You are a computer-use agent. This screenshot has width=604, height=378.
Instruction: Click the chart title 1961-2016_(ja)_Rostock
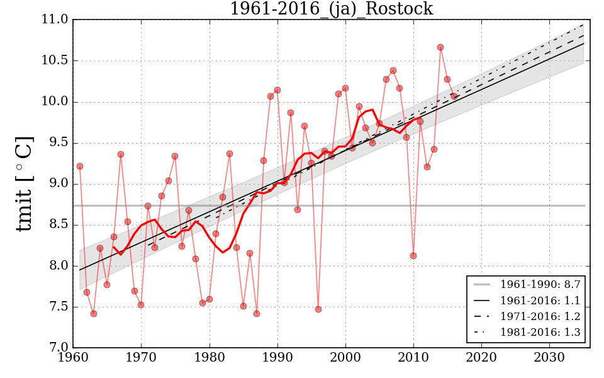[331, 9]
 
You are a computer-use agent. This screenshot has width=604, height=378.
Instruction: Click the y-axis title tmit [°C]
[24, 184]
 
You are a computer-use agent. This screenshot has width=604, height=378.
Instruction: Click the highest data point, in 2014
[440, 47]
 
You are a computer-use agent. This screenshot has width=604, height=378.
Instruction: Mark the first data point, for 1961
[80, 166]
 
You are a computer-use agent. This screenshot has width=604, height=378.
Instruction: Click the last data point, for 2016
[454, 96]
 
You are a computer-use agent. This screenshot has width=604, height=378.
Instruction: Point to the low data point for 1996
[318, 309]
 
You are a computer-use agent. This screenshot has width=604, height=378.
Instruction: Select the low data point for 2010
[413, 256]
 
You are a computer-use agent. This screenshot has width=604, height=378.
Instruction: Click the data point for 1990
[277, 90]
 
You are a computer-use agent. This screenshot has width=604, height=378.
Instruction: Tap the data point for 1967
[121, 154]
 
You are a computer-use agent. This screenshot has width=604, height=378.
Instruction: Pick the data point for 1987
[257, 314]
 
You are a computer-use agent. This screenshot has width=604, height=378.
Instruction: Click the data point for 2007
[393, 71]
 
